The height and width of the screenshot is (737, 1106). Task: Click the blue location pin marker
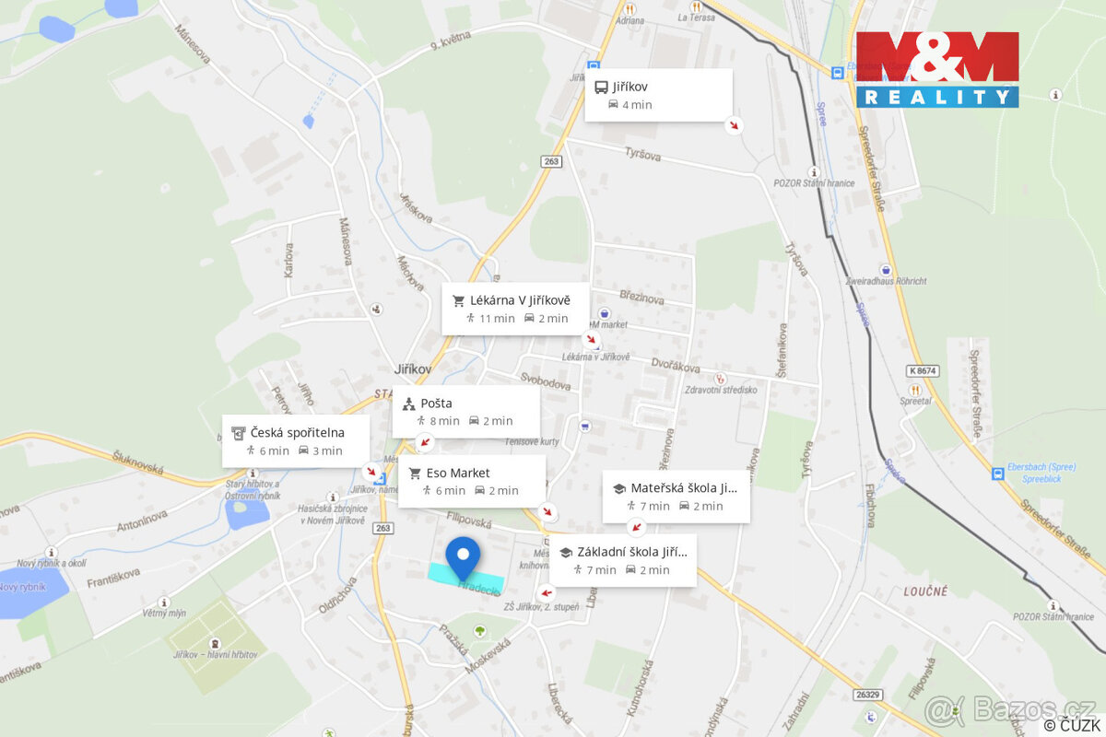click(463, 555)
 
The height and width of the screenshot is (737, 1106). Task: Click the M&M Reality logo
click(936, 69)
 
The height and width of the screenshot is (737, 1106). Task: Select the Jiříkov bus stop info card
click(658, 95)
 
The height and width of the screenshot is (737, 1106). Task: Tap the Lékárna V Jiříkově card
click(514, 309)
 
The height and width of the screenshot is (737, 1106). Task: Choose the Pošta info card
click(465, 412)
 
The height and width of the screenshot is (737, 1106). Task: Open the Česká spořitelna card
click(295, 441)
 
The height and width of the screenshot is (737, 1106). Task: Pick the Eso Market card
click(471, 482)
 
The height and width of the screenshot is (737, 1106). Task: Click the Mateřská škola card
click(675, 497)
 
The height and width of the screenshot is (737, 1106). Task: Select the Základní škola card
click(626, 561)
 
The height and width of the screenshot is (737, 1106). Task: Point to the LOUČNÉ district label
click(924, 591)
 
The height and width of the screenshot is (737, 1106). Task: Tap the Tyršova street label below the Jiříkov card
click(642, 155)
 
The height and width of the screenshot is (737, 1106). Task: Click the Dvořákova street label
click(676, 366)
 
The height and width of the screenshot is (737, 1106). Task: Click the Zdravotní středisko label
click(721, 390)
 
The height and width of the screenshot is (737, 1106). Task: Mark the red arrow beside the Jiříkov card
click(734, 125)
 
